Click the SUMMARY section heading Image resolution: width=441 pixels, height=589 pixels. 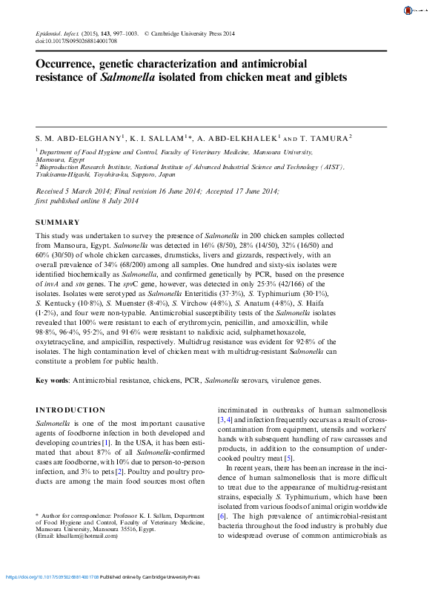tap(57, 223)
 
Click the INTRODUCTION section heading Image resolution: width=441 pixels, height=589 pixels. tap(70, 410)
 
